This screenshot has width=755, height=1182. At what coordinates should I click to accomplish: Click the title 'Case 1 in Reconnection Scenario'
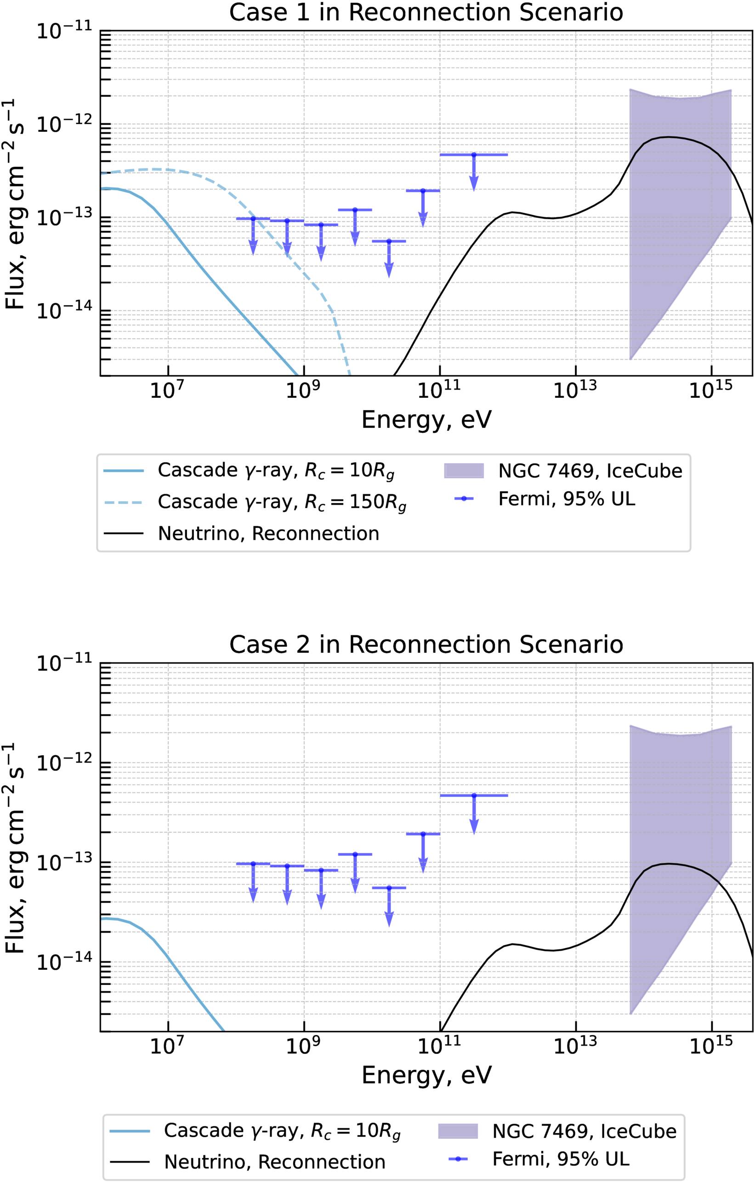[x=426, y=12]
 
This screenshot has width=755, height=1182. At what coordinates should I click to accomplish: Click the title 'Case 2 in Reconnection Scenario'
[x=426, y=644]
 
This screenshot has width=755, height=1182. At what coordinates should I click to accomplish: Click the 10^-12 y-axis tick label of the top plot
[x=64, y=124]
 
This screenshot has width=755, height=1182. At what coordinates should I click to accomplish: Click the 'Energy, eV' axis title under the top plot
[x=426, y=420]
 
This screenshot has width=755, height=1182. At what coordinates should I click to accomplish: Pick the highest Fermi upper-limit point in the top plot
[x=474, y=155]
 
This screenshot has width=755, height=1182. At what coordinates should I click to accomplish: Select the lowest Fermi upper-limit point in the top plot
[x=389, y=241]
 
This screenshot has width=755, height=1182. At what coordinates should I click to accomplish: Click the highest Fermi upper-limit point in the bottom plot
[x=474, y=795]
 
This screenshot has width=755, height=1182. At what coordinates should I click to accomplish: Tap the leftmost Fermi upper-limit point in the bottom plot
[x=253, y=864]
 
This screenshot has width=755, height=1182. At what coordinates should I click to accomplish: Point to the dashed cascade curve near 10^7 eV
[x=168, y=170]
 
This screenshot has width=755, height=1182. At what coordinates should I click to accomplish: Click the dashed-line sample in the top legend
[x=123, y=502]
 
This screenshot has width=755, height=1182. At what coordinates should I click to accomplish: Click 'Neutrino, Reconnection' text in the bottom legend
[x=274, y=1162]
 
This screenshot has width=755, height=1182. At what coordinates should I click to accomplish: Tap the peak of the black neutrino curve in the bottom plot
[x=668, y=864]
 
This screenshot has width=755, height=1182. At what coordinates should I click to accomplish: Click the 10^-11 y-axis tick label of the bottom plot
[x=64, y=663]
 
